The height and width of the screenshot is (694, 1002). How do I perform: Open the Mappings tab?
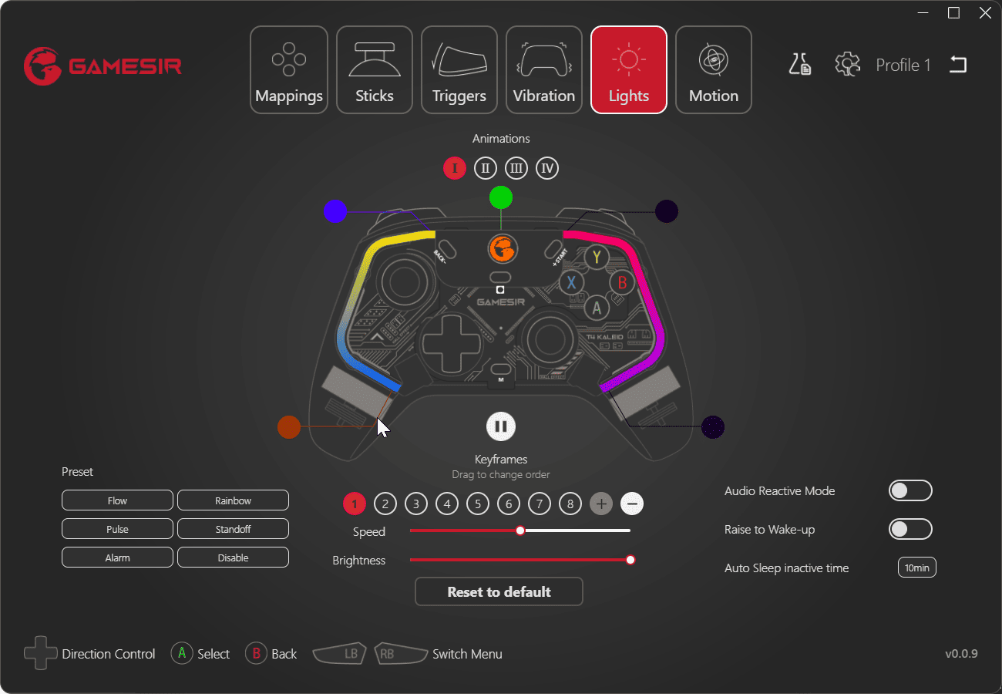coord(289,70)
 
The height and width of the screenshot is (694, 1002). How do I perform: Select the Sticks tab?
coord(375,70)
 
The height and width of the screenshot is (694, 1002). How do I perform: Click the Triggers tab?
coord(459,70)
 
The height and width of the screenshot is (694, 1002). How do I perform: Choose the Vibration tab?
coord(544,70)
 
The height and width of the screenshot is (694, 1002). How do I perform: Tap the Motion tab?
coord(714,70)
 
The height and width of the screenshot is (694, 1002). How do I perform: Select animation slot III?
coord(516,168)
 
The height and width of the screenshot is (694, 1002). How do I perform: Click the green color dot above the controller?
coord(501,198)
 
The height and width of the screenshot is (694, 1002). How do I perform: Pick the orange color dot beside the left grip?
coord(289,426)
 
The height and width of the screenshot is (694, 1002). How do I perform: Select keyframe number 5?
coord(478,504)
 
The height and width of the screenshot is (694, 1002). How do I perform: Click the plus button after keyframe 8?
coord(601,504)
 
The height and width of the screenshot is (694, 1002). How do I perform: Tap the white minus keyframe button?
coord(632,504)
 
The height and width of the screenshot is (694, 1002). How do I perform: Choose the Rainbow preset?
coord(233,500)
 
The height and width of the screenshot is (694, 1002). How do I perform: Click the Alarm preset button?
coord(117,558)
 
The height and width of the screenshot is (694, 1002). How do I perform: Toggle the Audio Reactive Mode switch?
coord(910,490)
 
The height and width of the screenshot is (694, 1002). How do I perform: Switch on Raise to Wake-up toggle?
coord(910,529)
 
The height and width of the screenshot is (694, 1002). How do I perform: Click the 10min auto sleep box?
coord(916,568)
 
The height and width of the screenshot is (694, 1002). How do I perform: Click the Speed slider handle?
coord(520,531)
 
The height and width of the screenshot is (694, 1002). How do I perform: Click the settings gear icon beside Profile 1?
coord(847,65)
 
